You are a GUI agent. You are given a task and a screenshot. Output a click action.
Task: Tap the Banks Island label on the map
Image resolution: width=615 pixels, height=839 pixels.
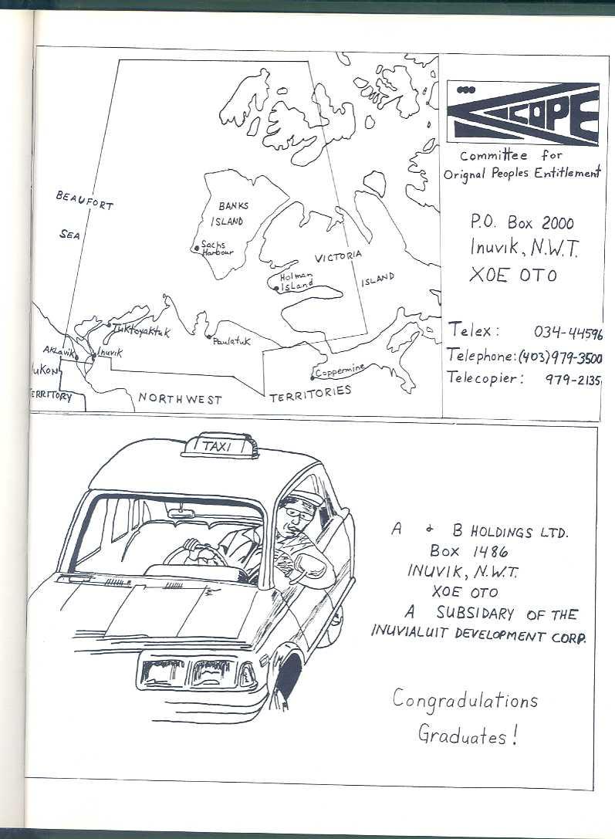click(229, 214)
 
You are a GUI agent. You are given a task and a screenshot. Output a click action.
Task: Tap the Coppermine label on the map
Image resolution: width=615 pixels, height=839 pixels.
click(340, 370)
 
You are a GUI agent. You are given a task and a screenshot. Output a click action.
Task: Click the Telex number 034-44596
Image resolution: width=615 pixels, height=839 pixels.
click(567, 333)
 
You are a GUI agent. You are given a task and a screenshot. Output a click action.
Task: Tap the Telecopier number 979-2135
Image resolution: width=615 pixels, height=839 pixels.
click(573, 379)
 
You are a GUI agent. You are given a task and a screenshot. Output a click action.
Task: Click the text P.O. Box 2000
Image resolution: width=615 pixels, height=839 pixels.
click(522, 223)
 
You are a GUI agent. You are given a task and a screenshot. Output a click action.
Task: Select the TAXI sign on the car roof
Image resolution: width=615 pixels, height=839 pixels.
click(218, 445)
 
